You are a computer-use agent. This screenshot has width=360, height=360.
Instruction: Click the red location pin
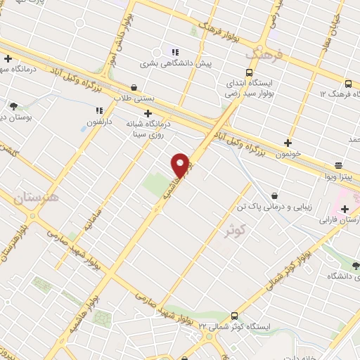pyautogui.click(x=181, y=165)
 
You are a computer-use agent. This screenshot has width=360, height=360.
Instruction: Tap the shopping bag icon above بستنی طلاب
pyautogui.click(x=134, y=88)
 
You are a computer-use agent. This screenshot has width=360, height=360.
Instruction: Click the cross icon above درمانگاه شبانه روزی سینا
pyautogui.click(x=148, y=113)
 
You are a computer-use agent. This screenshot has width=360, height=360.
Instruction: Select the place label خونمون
pyautogui.click(x=288, y=152)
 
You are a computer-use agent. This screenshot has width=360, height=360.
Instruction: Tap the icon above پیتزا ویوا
pyautogui.click(x=339, y=166)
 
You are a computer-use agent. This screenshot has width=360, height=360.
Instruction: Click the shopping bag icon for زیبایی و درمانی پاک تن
pyautogui.click(x=274, y=195)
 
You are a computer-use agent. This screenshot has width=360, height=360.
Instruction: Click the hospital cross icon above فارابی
pyautogui.click(x=345, y=208)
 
